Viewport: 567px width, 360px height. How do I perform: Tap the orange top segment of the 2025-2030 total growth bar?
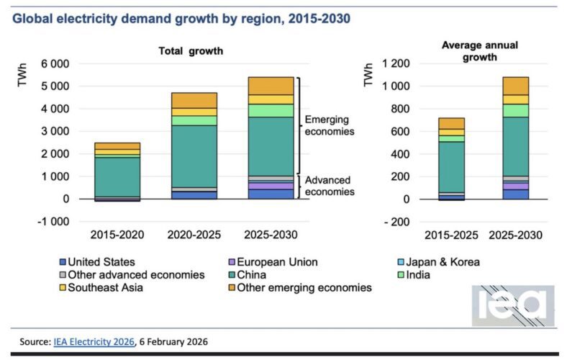pyautogui.click(x=271, y=86)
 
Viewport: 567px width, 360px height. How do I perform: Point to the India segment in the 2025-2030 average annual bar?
pyautogui.click(x=515, y=110)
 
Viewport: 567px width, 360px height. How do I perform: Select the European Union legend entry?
pyautogui.click(x=274, y=262)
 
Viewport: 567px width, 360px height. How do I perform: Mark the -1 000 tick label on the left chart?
pyautogui.click(x=51, y=222)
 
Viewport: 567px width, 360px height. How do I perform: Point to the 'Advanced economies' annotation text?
pyautogui.click(x=330, y=186)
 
